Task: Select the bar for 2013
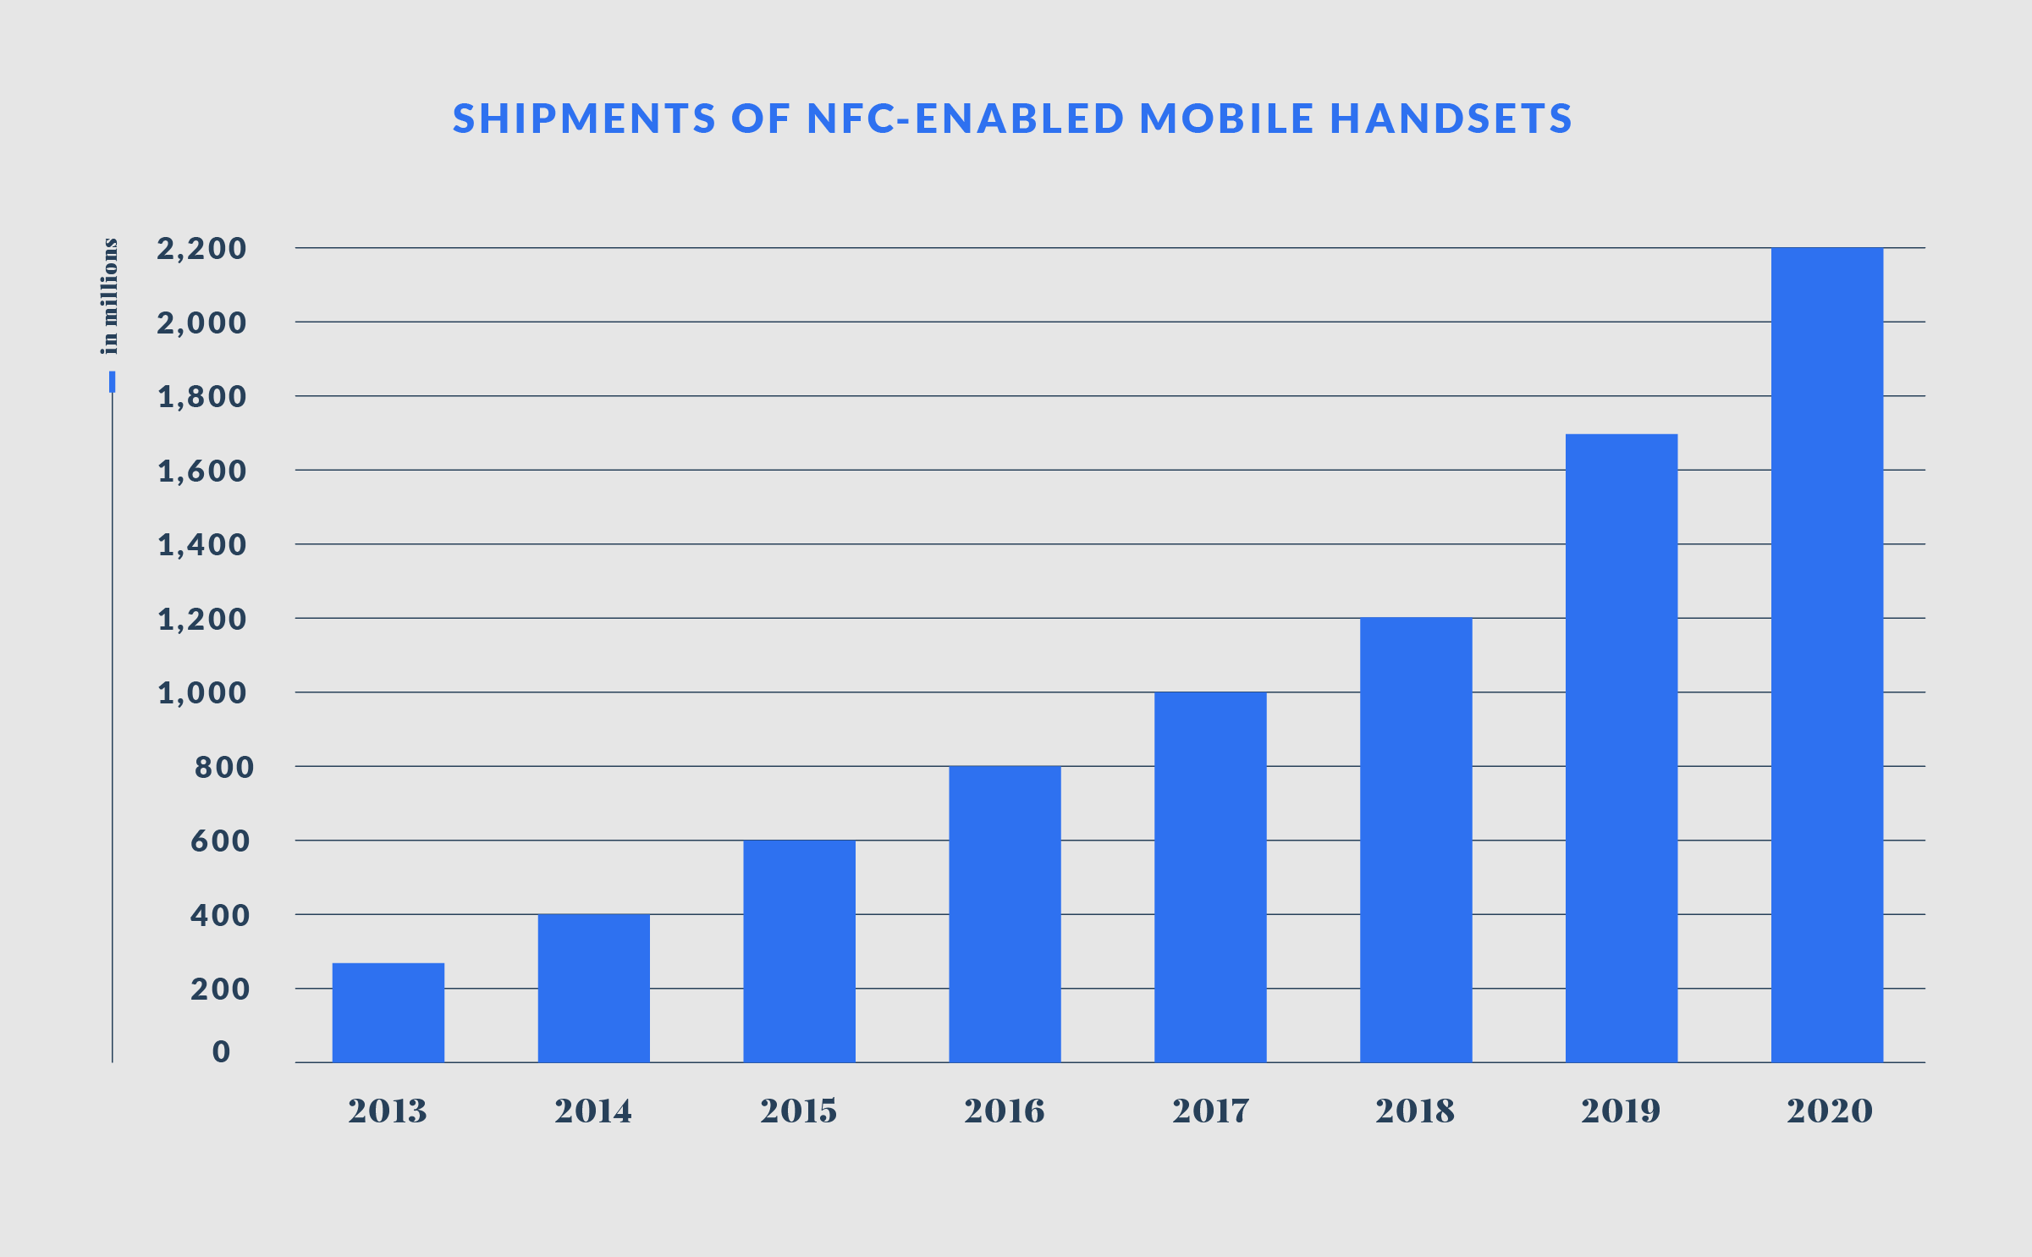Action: click(388, 1012)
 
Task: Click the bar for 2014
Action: click(593, 988)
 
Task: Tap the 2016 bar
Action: click(1005, 914)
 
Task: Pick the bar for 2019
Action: click(1621, 748)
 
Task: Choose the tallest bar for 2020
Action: click(1826, 655)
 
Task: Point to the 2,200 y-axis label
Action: click(201, 249)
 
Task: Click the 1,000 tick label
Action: click(202, 693)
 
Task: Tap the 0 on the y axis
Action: click(221, 1051)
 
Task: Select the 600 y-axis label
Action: click(220, 841)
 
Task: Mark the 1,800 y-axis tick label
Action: click(202, 397)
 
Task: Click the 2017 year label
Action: click(1210, 1111)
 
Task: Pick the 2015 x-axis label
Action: click(798, 1111)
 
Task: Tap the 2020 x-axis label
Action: click(1829, 1111)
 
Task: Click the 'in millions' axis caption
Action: click(110, 296)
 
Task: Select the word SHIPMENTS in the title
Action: click(585, 119)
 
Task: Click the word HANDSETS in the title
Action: click(1451, 119)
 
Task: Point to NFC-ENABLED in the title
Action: click(966, 119)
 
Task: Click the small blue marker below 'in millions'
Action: click(112, 382)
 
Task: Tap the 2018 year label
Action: click(1414, 1111)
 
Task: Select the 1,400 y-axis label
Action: click(202, 545)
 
